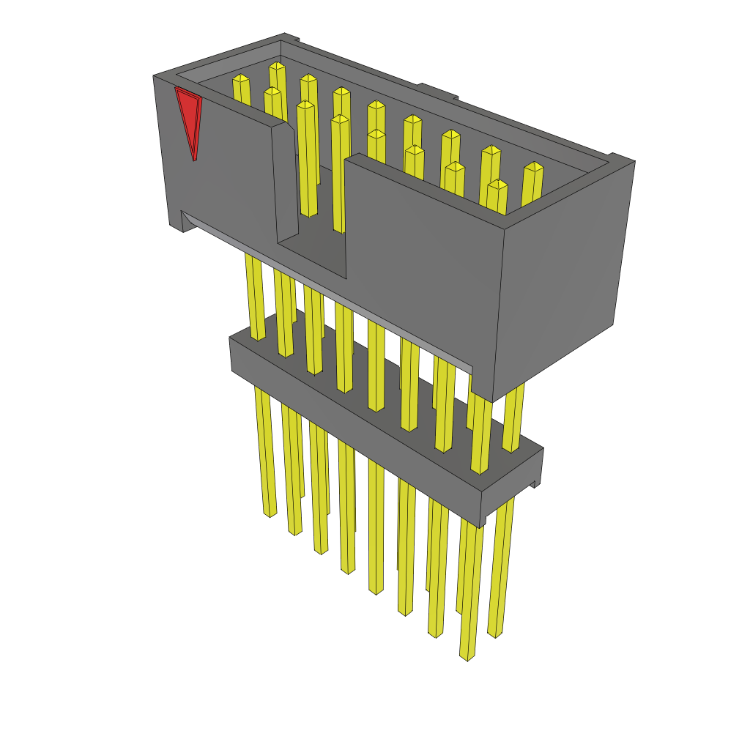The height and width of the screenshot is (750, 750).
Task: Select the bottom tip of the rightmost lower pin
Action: [495, 634]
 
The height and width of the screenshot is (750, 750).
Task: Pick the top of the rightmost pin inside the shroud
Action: [534, 166]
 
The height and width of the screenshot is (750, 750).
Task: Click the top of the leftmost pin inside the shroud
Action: [240, 78]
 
